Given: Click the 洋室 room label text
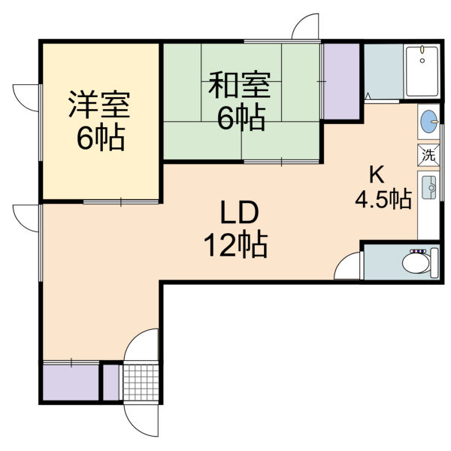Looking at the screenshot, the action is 99,104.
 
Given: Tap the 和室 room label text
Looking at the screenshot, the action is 239,85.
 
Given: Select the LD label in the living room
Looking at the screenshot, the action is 239,213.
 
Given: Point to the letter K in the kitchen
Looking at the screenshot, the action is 377,175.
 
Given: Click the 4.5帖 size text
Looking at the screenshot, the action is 383,198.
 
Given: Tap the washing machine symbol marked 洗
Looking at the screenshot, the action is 428,155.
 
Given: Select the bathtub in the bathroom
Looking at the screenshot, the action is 422,71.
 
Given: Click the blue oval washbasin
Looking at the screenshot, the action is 429,122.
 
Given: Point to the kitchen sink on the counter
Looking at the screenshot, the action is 428,188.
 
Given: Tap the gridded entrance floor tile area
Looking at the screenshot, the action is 141,383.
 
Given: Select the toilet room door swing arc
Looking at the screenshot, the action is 344,262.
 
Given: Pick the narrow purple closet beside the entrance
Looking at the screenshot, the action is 111,383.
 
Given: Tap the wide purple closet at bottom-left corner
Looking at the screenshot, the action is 71,383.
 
